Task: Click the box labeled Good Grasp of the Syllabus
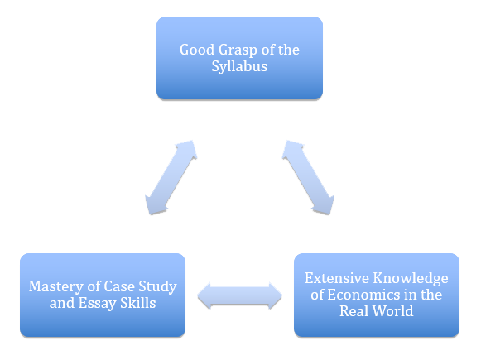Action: [x=239, y=58]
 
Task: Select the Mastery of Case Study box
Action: [x=103, y=295]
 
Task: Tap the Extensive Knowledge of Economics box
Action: [x=377, y=295]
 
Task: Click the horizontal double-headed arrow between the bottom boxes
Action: [x=239, y=295]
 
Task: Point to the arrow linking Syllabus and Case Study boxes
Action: [x=171, y=178]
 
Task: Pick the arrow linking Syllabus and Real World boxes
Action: [x=308, y=178]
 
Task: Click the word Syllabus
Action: [x=239, y=67]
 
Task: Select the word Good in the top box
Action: [x=197, y=50]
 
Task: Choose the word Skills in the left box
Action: [x=137, y=303]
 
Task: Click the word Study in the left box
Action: [x=157, y=287]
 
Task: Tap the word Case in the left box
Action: [x=119, y=286]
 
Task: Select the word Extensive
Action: [x=336, y=278]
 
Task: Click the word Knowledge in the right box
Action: [x=411, y=279]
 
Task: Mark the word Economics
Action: [x=363, y=295]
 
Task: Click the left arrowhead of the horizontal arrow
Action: [x=204, y=295]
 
